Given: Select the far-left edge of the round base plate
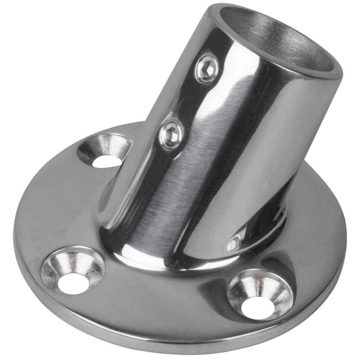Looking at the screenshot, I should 15,230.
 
